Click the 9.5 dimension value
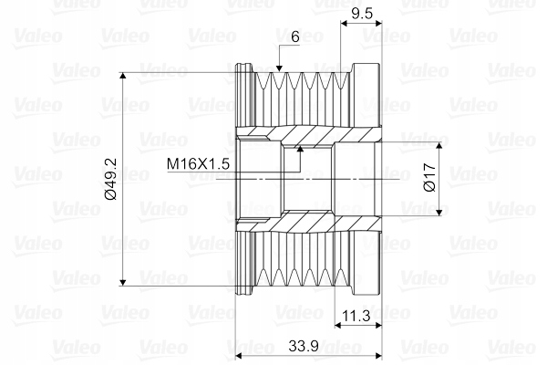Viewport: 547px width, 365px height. pyautogui.click(x=362, y=14)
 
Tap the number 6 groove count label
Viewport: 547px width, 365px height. pyautogui.click(x=295, y=36)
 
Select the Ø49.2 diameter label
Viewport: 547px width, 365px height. pyautogui.click(x=111, y=179)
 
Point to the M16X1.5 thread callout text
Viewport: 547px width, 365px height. pyautogui.click(x=198, y=163)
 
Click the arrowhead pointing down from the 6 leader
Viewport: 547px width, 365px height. pyautogui.click(x=279, y=68)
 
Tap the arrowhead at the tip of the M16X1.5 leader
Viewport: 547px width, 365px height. pyautogui.click(x=299, y=150)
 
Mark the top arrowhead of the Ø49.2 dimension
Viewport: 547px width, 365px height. pyautogui.click(x=122, y=76)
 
